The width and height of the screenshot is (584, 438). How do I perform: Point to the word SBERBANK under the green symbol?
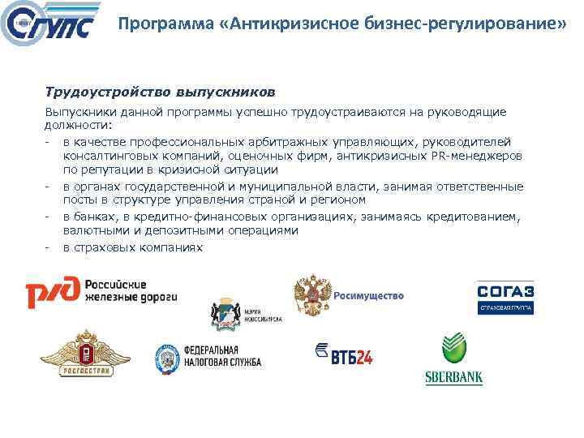454,377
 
